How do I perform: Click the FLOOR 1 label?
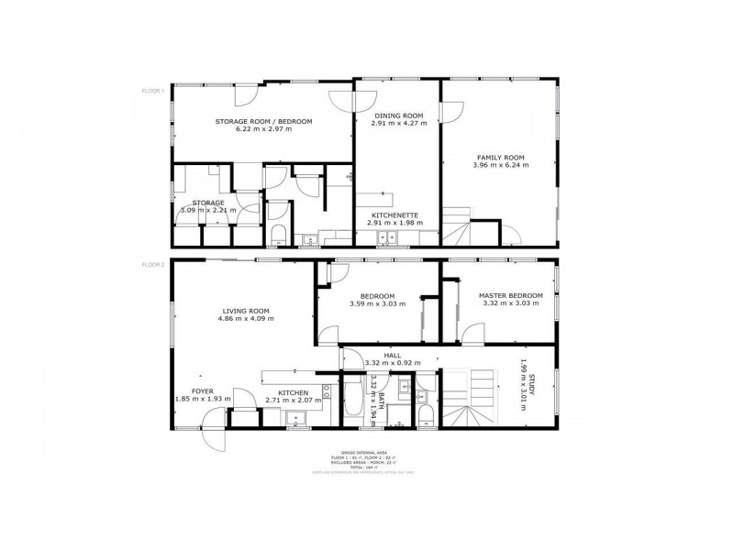click(151, 91)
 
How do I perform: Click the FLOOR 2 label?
click(151, 264)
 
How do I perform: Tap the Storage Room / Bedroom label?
click(263, 122)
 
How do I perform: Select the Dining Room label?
click(398, 115)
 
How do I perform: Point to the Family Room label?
click(499, 158)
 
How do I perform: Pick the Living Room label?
click(246, 311)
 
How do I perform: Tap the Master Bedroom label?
click(510, 295)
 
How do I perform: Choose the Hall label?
click(392, 355)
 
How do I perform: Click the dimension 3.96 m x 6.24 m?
click(499, 166)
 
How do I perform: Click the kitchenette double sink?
click(388, 237)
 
